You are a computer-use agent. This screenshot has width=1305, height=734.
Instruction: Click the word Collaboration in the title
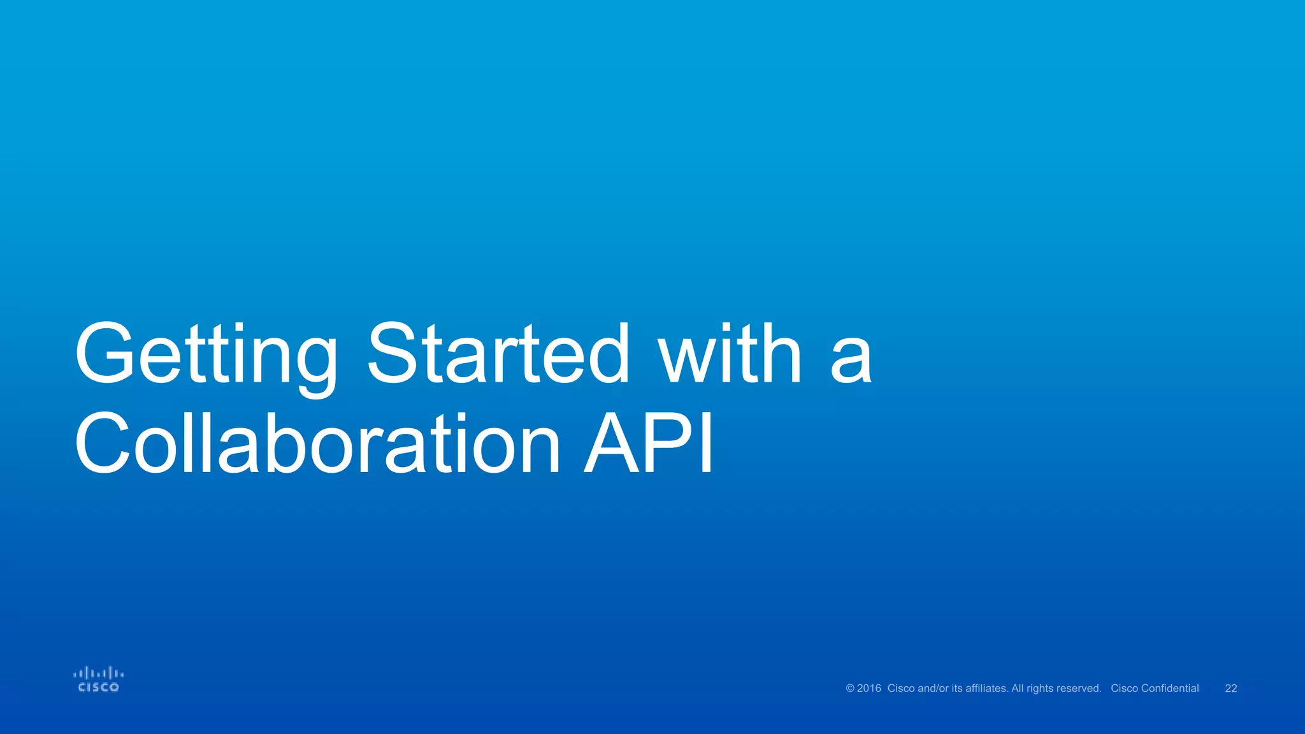(x=317, y=445)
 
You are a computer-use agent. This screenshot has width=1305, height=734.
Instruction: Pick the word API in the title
(x=649, y=445)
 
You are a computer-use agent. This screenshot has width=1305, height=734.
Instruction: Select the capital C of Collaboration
(x=102, y=443)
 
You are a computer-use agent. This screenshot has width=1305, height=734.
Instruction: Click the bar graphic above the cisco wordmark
(x=98, y=673)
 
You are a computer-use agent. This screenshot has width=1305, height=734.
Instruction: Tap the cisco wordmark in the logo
(x=98, y=687)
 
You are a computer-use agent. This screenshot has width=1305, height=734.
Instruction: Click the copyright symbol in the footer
(x=849, y=689)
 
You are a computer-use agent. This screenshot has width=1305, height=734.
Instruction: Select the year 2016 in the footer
(x=869, y=689)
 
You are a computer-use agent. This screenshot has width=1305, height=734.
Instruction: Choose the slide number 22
(x=1231, y=689)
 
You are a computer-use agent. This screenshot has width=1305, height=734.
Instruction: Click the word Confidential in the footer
(x=1170, y=689)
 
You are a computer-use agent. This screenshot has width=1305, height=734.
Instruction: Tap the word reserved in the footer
(x=1079, y=689)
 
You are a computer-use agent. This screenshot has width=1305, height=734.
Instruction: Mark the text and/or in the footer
(x=933, y=689)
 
